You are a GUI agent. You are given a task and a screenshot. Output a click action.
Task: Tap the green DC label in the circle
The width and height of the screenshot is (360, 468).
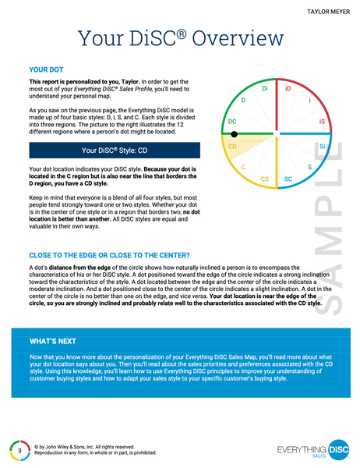click(231, 122)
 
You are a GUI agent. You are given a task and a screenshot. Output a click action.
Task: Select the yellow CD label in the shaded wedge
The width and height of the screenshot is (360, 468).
click(231, 146)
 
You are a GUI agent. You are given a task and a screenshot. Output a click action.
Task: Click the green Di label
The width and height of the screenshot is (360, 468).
click(265, 90)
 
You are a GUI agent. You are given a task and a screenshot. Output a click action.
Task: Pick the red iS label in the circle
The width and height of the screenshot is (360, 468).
click(322, 122)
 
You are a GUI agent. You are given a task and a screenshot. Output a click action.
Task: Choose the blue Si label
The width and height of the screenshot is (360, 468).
click(323, 146)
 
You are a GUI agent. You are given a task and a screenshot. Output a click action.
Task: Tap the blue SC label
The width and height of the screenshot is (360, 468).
click(288, 179)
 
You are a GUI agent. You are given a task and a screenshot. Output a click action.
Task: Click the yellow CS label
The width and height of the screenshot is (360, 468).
click(265, 179)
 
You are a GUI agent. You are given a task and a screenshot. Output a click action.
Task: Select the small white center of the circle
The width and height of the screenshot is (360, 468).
click(277, 134)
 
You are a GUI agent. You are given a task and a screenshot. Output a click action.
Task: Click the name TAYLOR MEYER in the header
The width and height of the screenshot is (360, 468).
click(325, 12)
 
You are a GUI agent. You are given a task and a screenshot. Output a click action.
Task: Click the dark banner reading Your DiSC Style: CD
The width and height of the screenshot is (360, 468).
click(114, 150)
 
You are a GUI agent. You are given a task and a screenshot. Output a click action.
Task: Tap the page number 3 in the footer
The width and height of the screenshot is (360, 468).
click(19, 450)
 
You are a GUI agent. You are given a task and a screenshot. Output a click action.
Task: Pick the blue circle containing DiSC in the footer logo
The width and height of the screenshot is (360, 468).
click(340, 449)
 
